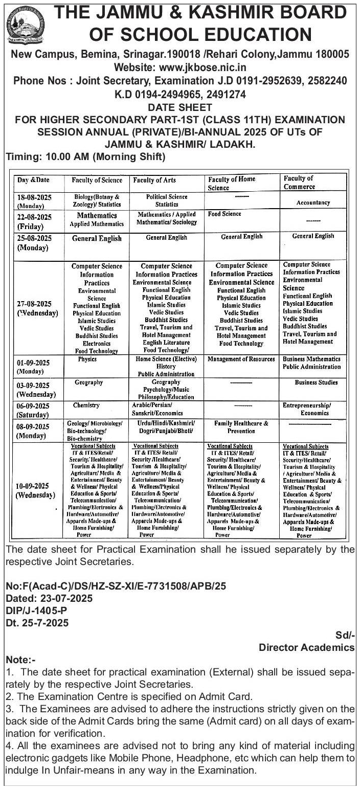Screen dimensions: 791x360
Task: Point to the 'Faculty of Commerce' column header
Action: coord(299,183)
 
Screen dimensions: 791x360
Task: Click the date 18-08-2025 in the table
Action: coord(33,197)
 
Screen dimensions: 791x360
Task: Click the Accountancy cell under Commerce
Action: coord(313,203)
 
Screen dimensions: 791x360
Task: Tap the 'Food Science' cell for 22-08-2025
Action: coord(224,214)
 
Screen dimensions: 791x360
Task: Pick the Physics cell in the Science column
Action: coord(87,359)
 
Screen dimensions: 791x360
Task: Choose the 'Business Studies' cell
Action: coord(316,382)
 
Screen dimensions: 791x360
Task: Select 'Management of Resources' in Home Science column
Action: coord(241,359)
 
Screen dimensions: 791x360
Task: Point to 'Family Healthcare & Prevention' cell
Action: coord(241,427)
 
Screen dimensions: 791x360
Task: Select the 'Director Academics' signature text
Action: coord(306,648)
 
